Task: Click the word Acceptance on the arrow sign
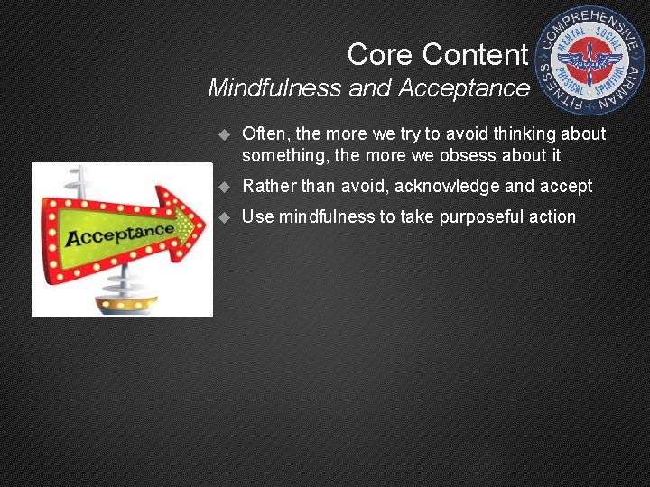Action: tap(118, 235)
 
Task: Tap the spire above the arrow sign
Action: tap(82, 180)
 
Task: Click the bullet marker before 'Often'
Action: tap(225, 135)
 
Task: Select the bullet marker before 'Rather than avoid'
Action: tap(225, 187)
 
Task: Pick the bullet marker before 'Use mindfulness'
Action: tap(225, 217)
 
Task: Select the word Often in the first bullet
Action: tap(263, 134)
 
